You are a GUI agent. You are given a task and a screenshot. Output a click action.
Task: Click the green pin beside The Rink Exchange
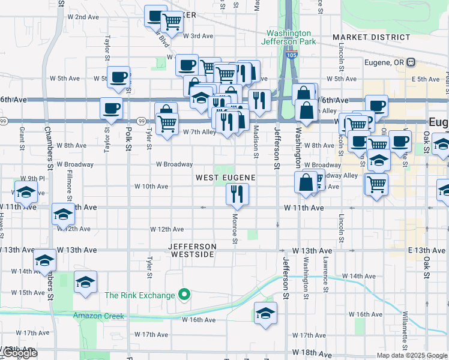[185, 295]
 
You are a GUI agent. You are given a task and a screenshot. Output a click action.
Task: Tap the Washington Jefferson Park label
[288, 37]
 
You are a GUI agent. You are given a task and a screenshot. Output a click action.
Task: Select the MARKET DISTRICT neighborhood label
[372, 37]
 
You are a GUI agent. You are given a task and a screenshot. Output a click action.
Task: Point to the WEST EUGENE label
[225, 178]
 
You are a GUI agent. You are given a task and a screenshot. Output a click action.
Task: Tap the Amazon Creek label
[98, 316]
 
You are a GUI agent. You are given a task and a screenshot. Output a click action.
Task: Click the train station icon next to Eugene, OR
[411, 62]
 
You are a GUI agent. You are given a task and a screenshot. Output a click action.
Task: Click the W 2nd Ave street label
[83, 17]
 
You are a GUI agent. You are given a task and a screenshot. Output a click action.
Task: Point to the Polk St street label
[128, 134]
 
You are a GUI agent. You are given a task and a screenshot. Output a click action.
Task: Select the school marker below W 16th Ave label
[265, 313]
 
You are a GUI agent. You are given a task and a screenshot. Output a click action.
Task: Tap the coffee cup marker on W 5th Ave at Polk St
[119, 76]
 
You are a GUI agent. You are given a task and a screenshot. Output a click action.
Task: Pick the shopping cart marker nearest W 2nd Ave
[172, 22]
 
